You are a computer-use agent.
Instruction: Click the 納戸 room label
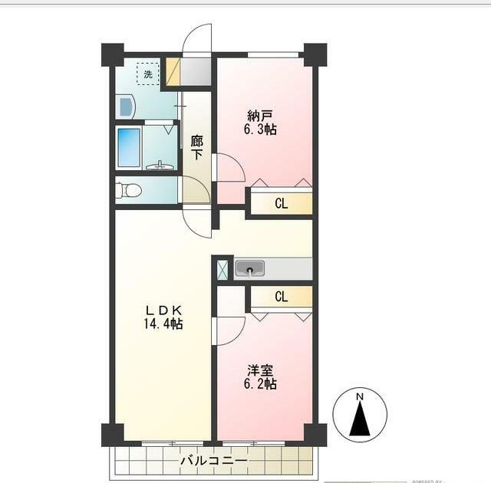point(259,116)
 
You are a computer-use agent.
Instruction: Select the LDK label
point(163,310)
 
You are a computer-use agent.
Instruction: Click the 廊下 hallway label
point(197,147)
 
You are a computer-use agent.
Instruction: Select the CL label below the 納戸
point(282,204)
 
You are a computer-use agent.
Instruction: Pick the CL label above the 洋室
point(282,297)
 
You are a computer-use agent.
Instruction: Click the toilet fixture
point(128,190)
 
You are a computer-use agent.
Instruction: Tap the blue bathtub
point(128,146)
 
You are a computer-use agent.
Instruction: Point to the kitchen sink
point(249,268)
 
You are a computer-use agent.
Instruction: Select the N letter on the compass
point(359,396)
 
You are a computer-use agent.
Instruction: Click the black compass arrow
point(359,420)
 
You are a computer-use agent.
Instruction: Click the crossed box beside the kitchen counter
point(222,269)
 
